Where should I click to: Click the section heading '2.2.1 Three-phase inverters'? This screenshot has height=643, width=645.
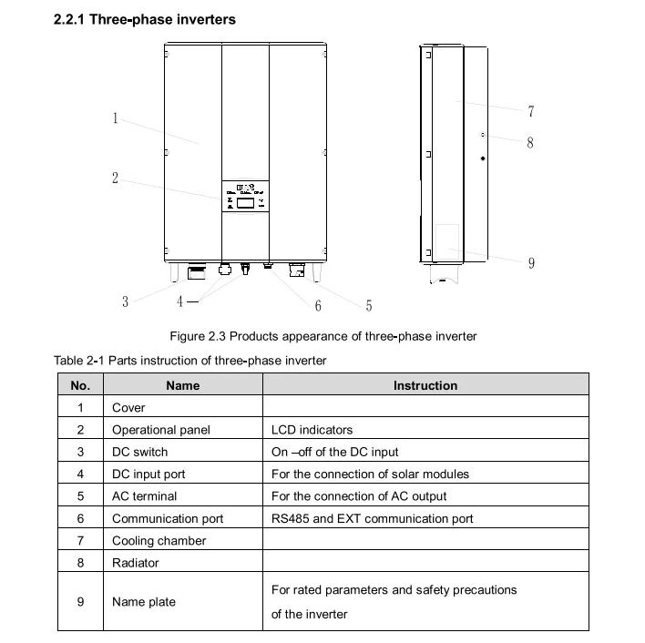click(145, 20)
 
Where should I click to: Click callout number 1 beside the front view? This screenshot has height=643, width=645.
click(116, 117)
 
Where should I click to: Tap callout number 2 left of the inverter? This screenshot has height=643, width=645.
click(116, 179)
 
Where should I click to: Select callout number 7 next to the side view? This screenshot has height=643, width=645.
click(530, 111)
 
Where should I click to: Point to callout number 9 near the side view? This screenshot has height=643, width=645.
click(530, 263)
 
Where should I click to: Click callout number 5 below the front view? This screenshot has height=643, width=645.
click(368, 306)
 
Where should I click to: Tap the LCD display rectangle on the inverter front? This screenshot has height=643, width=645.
click(245, 205)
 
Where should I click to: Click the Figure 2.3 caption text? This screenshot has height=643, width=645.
click(323, 337)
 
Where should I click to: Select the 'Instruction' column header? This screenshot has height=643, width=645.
click(425, 385)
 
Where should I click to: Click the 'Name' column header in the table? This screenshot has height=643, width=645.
click(182, 385)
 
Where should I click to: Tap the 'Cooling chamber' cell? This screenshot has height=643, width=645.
click(159, 540)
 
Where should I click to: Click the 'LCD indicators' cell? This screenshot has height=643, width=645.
click(312, 430)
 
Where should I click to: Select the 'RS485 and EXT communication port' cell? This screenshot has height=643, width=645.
click(373, 518)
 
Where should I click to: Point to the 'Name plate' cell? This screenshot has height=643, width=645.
click(144, 601)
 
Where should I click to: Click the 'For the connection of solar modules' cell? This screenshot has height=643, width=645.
click(370, 474)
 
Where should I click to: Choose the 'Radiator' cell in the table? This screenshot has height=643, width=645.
click(136, 562)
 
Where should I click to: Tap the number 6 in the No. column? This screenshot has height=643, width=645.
click(80, 518)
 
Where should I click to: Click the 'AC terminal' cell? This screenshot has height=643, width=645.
click(144, 496)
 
